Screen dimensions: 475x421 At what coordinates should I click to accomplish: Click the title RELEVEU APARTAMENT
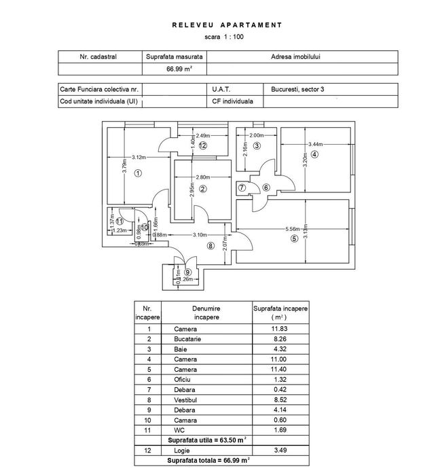(227, 24)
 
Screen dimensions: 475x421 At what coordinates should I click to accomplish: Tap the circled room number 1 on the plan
(138, 173)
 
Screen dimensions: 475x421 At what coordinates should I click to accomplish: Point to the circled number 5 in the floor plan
(293, 239)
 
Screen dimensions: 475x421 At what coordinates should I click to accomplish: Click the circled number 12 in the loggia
(202, 145)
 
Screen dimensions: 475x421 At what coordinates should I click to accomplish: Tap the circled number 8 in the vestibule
(210, 245)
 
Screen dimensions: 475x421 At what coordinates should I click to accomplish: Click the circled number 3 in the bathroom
(257, 145)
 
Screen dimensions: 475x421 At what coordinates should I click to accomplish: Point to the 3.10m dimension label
(199, 235)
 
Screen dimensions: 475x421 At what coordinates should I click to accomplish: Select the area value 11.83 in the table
(280, 328)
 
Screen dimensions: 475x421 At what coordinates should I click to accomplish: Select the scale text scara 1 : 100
(227, 37)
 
